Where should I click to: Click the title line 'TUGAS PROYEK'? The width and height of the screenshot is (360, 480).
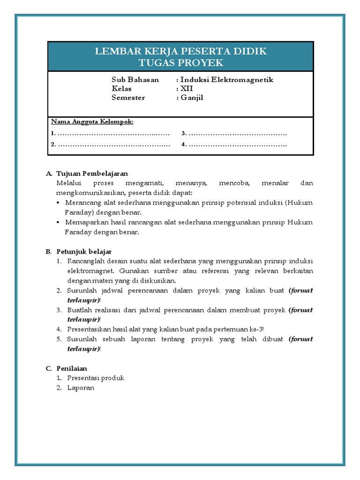tap(181, 63)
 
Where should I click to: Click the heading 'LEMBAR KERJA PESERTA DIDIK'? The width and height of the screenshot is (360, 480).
tap(181, 52)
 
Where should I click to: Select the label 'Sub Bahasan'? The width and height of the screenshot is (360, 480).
tap(135, 80)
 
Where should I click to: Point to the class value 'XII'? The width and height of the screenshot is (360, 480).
tap(187, 89)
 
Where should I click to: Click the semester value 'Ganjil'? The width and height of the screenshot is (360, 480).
tap(192, 97)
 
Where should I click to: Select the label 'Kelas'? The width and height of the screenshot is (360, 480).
tap(121, 89)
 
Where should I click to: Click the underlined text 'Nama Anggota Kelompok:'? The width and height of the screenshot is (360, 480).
tap(92, 122)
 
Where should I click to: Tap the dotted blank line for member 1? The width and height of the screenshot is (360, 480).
tap(113, 134)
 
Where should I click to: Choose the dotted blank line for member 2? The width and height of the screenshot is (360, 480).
tap(113, 144)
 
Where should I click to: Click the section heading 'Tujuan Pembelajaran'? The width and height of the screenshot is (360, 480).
tap(92, 173)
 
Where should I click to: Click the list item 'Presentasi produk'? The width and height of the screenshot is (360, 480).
tap(96, 378)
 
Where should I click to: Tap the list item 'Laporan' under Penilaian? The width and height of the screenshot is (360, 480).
tap(81, 388)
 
